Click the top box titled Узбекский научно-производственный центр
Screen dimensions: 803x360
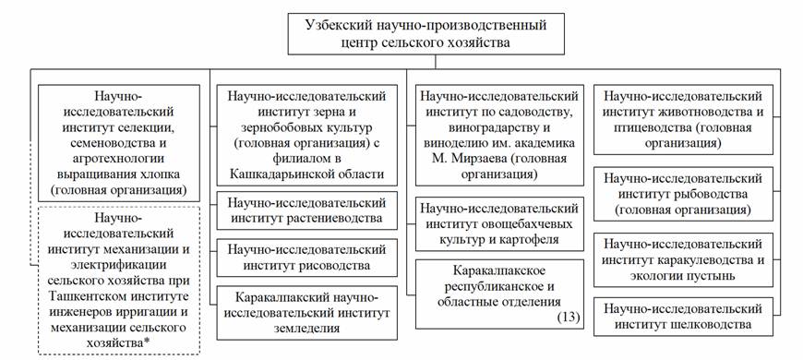point(425,34)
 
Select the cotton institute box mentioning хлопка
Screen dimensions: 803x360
point(119,142)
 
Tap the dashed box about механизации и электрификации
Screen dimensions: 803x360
point(119,281)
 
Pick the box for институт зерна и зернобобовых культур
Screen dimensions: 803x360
point(306,135)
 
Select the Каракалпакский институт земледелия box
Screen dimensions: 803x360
point(306,313)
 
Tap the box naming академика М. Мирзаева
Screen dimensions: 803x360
point(499,135)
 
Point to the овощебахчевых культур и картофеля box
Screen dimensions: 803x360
point(499,223)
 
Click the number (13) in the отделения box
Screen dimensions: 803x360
point(569,318)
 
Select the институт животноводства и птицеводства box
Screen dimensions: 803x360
point(683,119)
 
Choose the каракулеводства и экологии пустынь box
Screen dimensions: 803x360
point(683,259)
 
